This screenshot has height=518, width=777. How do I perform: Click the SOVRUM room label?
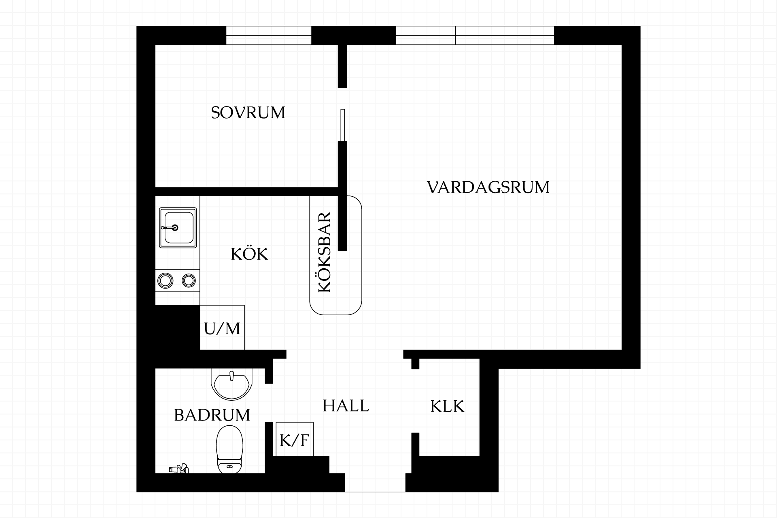[248, 113]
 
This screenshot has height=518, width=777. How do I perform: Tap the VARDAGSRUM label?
[488, 187]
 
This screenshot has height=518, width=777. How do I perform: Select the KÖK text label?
[249, 254]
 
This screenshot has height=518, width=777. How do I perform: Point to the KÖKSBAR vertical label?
[325, 252]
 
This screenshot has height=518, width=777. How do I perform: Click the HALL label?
[346, 405]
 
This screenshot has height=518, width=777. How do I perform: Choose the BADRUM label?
[212, 415]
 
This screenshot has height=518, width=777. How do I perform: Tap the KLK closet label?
[447, 406]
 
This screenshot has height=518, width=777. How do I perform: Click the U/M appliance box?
[222, 327]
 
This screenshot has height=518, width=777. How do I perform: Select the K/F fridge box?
[295, 439]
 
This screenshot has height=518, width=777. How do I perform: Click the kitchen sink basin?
[178, 228]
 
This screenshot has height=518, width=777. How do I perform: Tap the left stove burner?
[165, 280]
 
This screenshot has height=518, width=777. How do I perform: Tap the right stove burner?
[189, 280]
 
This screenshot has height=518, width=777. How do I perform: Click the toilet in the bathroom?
[230, 449]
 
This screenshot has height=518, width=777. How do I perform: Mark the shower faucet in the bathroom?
[179, 468]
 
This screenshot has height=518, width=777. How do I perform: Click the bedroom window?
[269, 35]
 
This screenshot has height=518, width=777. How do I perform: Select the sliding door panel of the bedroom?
[343, 125]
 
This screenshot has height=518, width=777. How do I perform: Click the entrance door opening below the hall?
[375, 491]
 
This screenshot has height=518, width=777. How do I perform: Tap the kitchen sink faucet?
[170, 228]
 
